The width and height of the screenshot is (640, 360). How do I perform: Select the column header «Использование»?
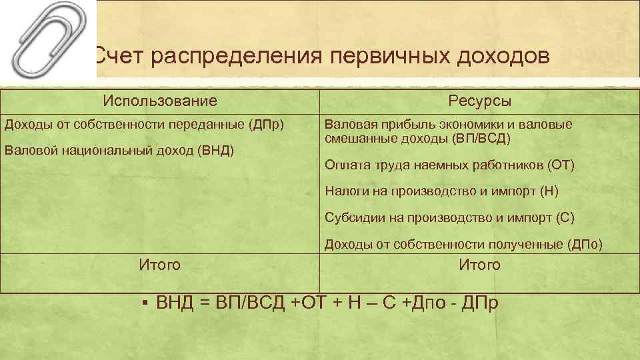160,101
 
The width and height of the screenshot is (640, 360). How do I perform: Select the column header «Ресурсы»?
479,101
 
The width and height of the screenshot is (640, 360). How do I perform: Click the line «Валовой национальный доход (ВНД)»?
119,150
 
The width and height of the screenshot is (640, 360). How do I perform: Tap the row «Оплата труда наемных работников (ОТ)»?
449,165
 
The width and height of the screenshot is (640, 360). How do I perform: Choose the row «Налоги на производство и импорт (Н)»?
441,191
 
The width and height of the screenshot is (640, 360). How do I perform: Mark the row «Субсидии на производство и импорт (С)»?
449,218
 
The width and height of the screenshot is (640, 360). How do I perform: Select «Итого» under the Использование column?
160,265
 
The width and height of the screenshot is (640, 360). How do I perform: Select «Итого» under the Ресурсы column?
479,265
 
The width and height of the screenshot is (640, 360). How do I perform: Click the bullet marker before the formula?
145,303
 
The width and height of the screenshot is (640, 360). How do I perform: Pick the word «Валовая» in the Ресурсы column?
347,125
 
